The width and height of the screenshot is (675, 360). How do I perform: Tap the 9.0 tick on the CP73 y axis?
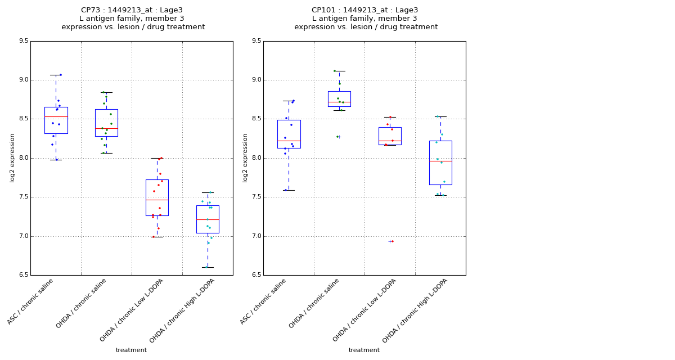point(23,80)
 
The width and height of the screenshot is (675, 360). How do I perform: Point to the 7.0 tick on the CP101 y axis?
point(256,236)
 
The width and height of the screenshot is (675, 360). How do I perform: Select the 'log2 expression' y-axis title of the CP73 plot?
point(12,158)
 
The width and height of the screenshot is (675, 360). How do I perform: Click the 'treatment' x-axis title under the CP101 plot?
point(364,350)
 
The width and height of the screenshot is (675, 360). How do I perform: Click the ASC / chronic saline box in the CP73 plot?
point(56,120)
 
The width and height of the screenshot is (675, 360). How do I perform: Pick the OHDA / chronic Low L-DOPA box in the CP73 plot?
point(157,197)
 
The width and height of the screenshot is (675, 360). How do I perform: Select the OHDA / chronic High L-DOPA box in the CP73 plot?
point(208,219)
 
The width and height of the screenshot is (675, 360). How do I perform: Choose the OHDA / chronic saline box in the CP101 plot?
point(339,98)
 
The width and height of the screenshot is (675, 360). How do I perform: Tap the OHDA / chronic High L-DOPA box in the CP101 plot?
point(440,163)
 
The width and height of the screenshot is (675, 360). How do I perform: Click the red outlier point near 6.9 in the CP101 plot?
point(393,241)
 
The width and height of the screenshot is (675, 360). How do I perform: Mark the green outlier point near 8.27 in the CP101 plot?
point(337,137)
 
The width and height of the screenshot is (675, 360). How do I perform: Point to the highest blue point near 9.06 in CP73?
point(61,75)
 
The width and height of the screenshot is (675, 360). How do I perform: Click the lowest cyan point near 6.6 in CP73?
point(206,267)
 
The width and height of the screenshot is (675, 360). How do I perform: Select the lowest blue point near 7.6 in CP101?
point(286,190)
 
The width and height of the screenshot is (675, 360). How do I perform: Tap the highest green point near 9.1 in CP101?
point(335,71)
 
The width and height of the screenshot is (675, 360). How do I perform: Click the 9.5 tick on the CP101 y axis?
point(256,41)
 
